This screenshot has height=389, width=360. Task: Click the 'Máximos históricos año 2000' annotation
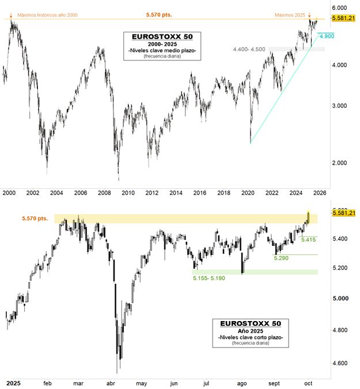pos(47,14)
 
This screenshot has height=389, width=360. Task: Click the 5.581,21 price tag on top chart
pos(343,18)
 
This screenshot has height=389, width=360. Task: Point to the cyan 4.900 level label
pos(326,36)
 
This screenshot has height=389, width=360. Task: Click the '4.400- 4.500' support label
pos(249,50)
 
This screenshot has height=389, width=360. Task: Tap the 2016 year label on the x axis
pos(200,193)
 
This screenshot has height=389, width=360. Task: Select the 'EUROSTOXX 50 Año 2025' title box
pos(251,333)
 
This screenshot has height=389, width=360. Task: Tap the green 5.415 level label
pos(309,239)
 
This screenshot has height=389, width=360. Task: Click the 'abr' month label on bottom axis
pos(111,382)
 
